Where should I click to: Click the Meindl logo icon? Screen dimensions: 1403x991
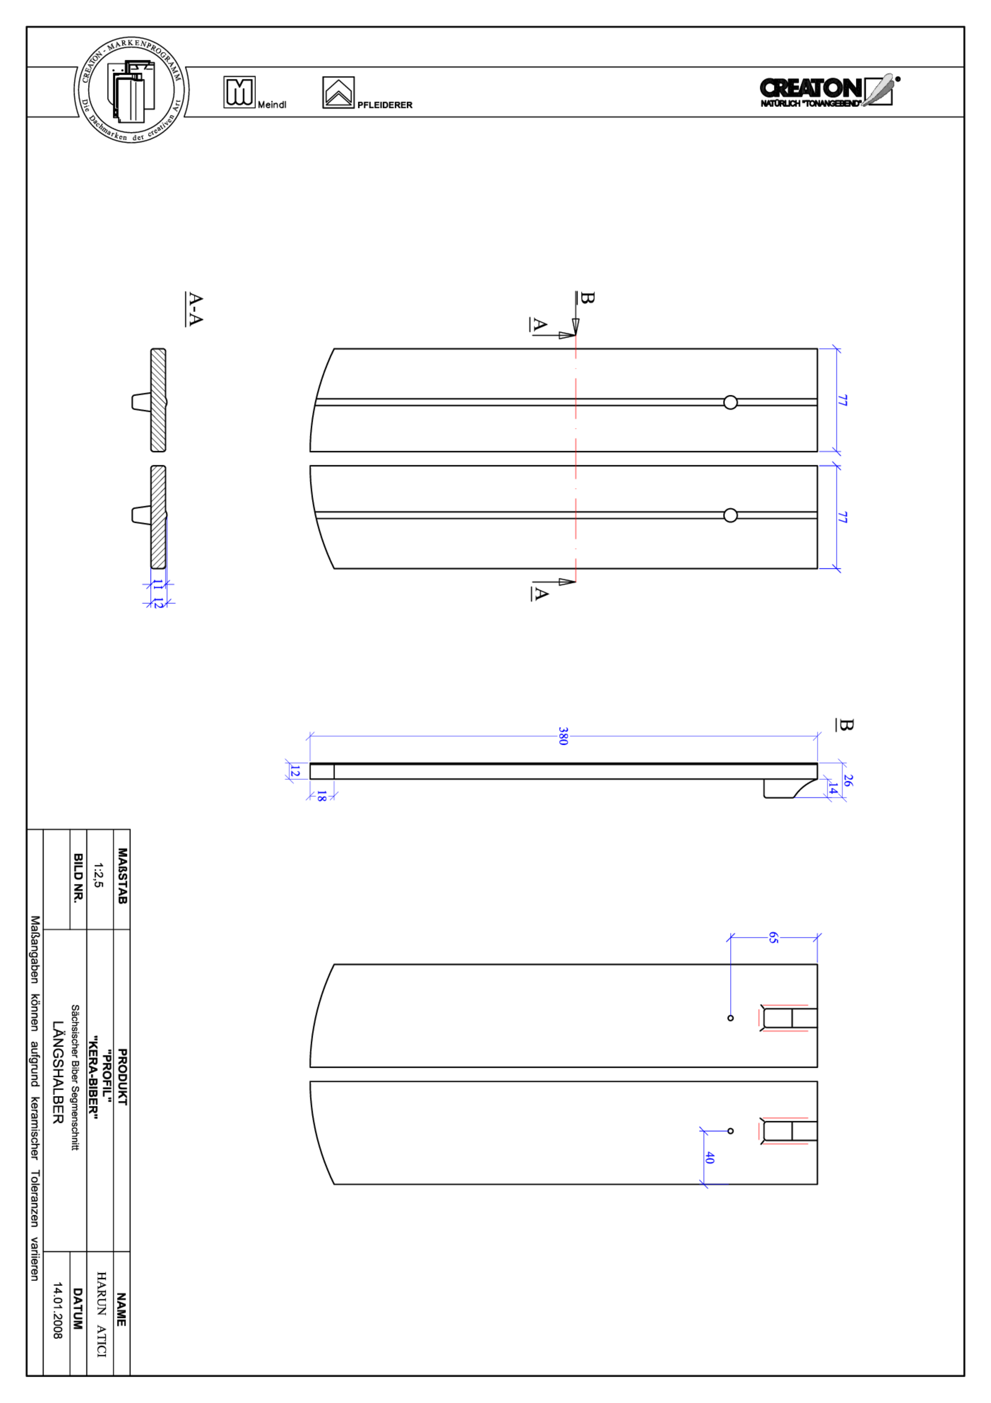tap(239, 92)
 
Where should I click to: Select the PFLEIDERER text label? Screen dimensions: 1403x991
tap(385, 105)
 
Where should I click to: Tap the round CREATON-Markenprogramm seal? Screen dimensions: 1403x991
tap(131, 90)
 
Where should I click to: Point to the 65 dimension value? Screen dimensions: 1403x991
tap(774, 937)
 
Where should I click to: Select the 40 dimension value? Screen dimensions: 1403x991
tap(709, 1157)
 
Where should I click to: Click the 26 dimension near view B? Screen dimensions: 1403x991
tap(847, 780)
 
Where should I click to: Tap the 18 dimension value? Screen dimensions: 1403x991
tap(322, 796)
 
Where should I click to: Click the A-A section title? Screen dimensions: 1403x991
tap(194, 309)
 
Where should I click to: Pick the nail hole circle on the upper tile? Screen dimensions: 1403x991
tap(730, 402)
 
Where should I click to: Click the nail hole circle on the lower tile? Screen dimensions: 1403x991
tap(730, 515)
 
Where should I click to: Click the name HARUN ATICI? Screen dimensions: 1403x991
tap(101, 1314)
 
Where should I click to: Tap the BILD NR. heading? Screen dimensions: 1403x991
tap(78, 878)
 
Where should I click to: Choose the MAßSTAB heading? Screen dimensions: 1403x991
tap(122, 876)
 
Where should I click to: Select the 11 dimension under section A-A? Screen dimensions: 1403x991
tap(158, 585)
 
